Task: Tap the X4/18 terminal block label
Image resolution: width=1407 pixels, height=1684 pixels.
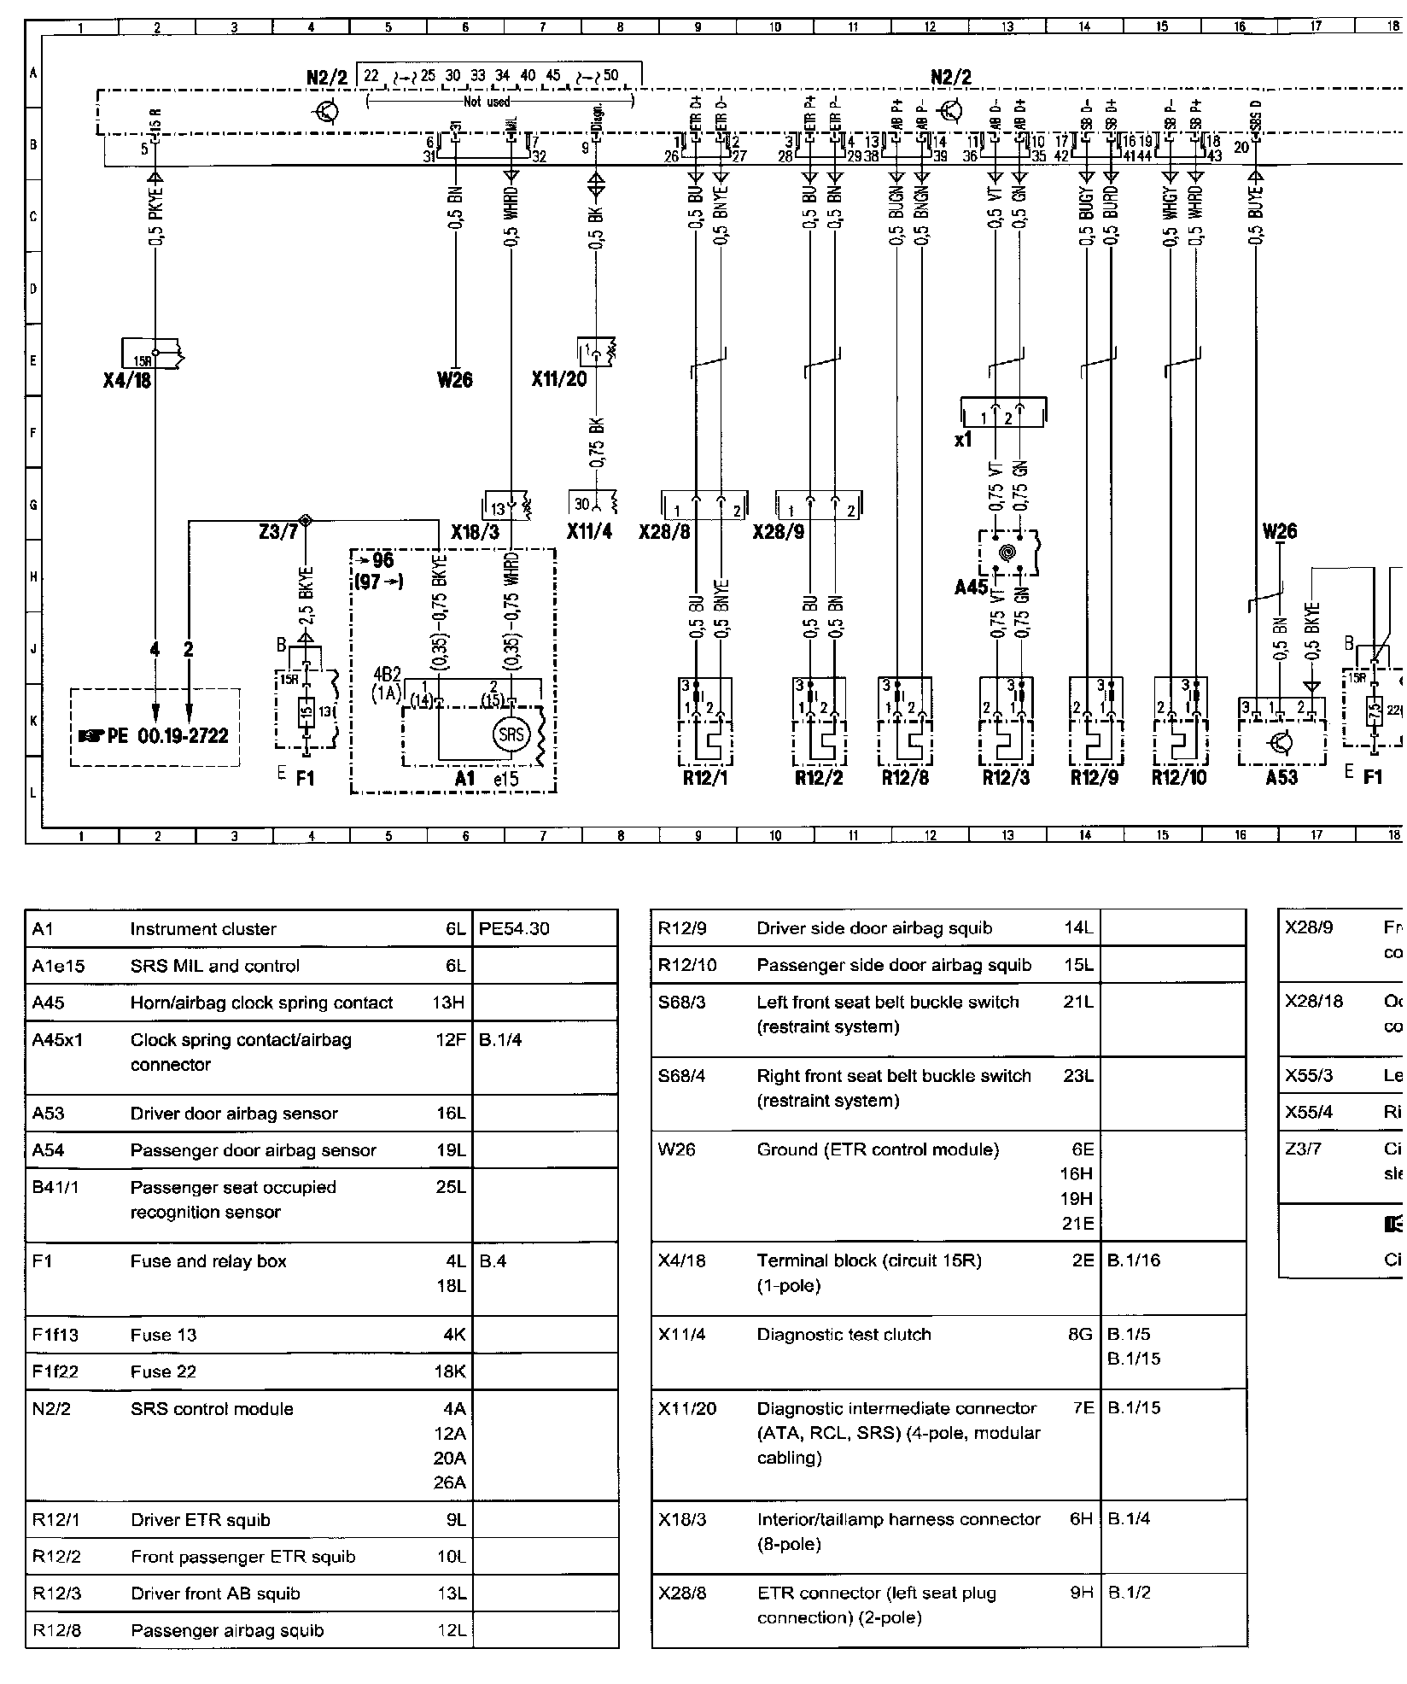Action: pos(126,380)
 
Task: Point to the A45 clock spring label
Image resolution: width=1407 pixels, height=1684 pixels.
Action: pos(971,588)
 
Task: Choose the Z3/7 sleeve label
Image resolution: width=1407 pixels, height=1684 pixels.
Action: pos(278,532)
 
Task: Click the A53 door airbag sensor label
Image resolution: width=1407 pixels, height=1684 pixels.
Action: pos(1281,778)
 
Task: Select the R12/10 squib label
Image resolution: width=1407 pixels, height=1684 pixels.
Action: pos(1179,778)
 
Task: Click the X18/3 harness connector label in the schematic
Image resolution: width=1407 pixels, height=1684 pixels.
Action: pos(476,532)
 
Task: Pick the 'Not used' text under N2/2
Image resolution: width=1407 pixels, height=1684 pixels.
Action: pos(487,102)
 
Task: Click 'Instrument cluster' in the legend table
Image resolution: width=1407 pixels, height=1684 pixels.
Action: pos(203,928)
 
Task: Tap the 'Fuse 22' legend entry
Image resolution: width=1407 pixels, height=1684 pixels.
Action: pos(163,1371)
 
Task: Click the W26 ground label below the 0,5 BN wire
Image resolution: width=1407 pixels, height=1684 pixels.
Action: pos(454,380)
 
